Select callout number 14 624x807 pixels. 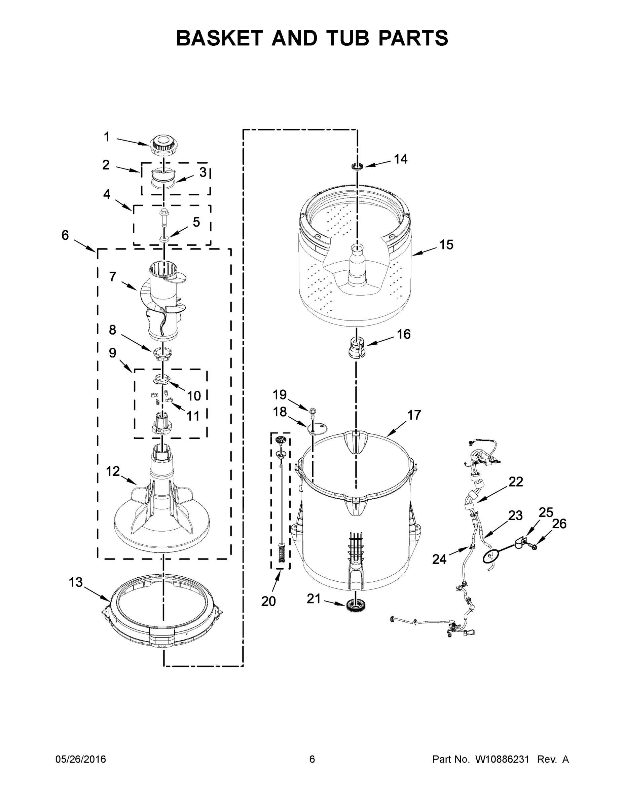pyautogui.click(x=400, y=159)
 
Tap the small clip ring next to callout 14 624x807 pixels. pyautogui.click(x=357, y=166)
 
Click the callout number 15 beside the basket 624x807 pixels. pyautogui.click(x=446, y=244)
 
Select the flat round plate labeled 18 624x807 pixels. pyautogui.click(x=318, y=428)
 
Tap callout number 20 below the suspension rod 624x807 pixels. pyautogui.click(x=268, y=601)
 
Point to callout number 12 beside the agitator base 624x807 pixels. pyautogui.click(x=113, y=471)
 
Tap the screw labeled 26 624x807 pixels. pyautogui.click(x=535, y=546)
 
